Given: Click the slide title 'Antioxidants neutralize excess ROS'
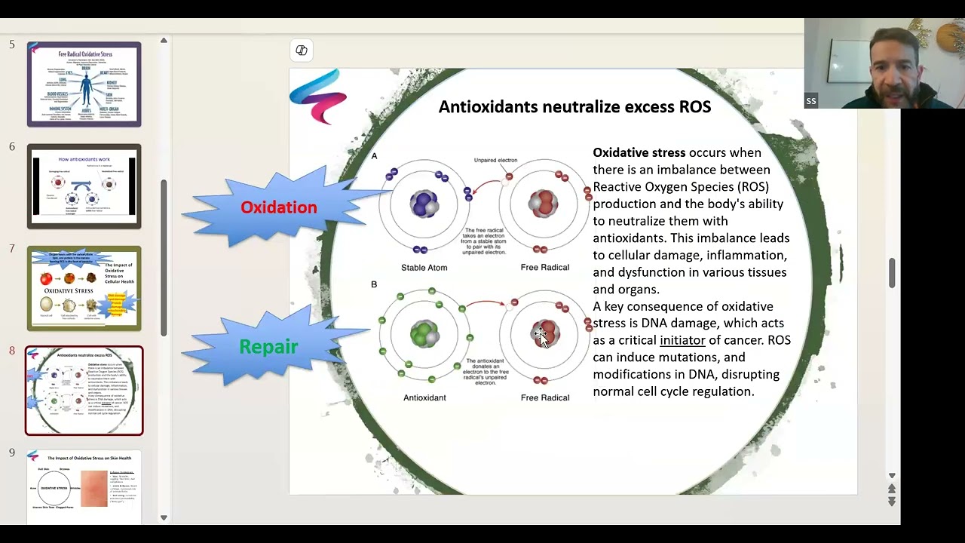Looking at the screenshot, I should (x=574, y=107).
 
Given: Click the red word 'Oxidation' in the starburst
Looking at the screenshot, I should (x=278, y=207).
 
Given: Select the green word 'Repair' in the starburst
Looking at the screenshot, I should (x=268, y=347).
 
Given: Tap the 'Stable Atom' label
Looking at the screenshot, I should (x=424, y=268).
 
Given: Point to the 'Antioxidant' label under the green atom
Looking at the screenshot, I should (x=424, y=397).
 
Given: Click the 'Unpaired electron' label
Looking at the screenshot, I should (x=495, y=160).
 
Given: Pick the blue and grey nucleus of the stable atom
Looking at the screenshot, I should (x=424, y=204).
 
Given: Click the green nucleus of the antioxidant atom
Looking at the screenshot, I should (x=424, y=333).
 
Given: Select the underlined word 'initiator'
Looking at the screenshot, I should (x=682, y=340).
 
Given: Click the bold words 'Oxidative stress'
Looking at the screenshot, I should (x=639, y=152).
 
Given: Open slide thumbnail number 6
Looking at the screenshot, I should (x=84, y=186).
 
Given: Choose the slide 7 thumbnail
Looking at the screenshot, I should (x=84, y=288).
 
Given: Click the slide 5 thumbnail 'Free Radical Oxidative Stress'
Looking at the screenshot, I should (x=84, y=84).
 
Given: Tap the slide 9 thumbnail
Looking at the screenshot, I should (x=84, y=486).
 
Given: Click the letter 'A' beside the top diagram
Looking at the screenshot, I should (x=374, y=156).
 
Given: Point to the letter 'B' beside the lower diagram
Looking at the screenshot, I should (x=374, y=284).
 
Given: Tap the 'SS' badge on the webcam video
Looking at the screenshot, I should (x=810, y=101).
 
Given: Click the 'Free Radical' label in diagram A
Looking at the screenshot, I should (x=544, y=268).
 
